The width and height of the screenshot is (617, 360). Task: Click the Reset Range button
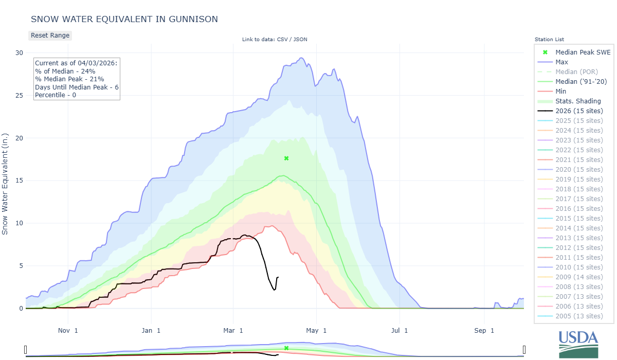click(50, 35)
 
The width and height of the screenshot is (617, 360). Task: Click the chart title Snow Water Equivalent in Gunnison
click(124, 19)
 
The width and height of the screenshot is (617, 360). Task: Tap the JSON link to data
click(300, 40)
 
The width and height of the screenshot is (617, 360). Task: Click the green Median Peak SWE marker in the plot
click(286, 158)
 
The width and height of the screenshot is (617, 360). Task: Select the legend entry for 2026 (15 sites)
click(579, 111)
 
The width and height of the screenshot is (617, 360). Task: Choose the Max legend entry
click(561, 62)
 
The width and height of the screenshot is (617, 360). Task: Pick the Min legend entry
click(561, 91)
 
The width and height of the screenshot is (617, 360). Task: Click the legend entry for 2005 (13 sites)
click(579, 316)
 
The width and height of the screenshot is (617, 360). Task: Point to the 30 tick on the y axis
click(19, 52)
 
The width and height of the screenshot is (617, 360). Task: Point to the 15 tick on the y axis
click(19, 181)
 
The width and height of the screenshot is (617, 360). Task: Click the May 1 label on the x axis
click(317, 330)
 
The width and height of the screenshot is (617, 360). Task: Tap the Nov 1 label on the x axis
click(68, 330)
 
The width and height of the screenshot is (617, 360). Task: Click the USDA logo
click(579, 343)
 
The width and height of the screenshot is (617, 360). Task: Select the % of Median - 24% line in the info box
click(65, 71)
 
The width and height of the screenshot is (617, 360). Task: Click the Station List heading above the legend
click(549, 40)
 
